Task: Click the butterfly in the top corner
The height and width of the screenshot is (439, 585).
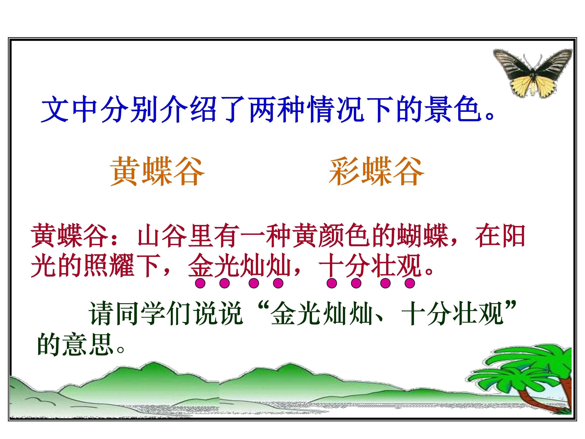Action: pyautogui.click(x=532, y=73)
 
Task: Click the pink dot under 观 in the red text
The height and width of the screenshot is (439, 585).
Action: pyautogui.click(x=409, y=284)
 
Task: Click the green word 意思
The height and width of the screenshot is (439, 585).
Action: pyautogui.click(x=89, y=344)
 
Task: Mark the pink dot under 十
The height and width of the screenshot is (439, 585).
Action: pyautogui.click(x=332, y=284)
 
